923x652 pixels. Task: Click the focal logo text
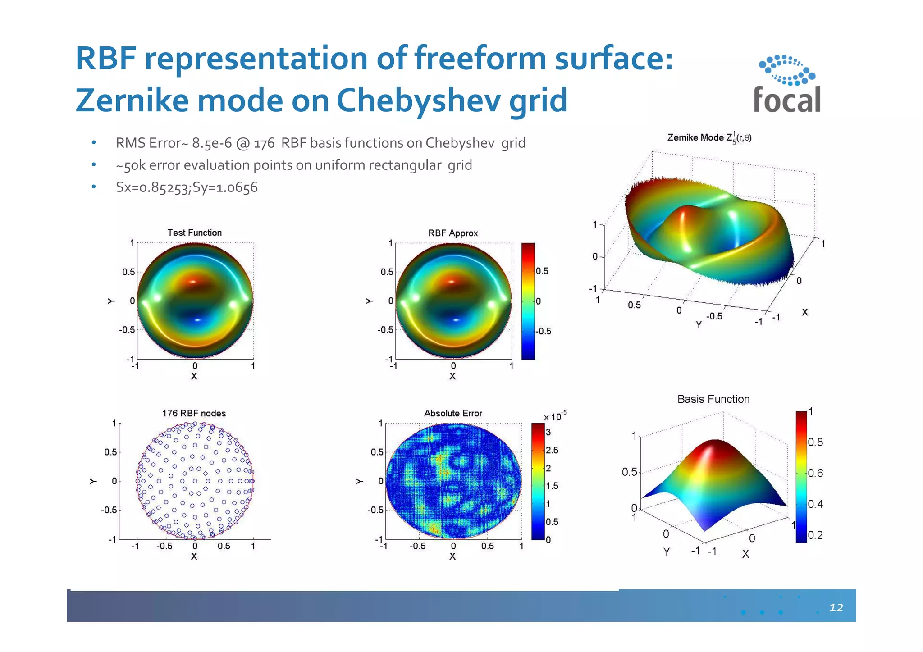787,100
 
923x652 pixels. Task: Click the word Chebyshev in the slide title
418,100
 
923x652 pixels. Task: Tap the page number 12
836,607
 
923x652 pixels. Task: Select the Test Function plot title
195,233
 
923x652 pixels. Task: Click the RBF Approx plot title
453,233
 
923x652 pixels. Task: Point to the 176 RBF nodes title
194,413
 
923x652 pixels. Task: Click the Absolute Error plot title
453,413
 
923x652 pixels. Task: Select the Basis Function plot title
713,399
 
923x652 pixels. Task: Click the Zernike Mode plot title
709,138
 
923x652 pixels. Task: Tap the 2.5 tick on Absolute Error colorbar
552,450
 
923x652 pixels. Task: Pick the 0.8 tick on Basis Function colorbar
815,442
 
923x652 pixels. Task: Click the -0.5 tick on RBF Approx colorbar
544,331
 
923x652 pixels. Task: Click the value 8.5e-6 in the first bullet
212,143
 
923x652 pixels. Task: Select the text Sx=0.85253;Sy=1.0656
187,187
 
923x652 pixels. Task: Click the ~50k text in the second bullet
131,165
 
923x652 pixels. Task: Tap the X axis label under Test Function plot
194,376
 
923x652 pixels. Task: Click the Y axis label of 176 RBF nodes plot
93,481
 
